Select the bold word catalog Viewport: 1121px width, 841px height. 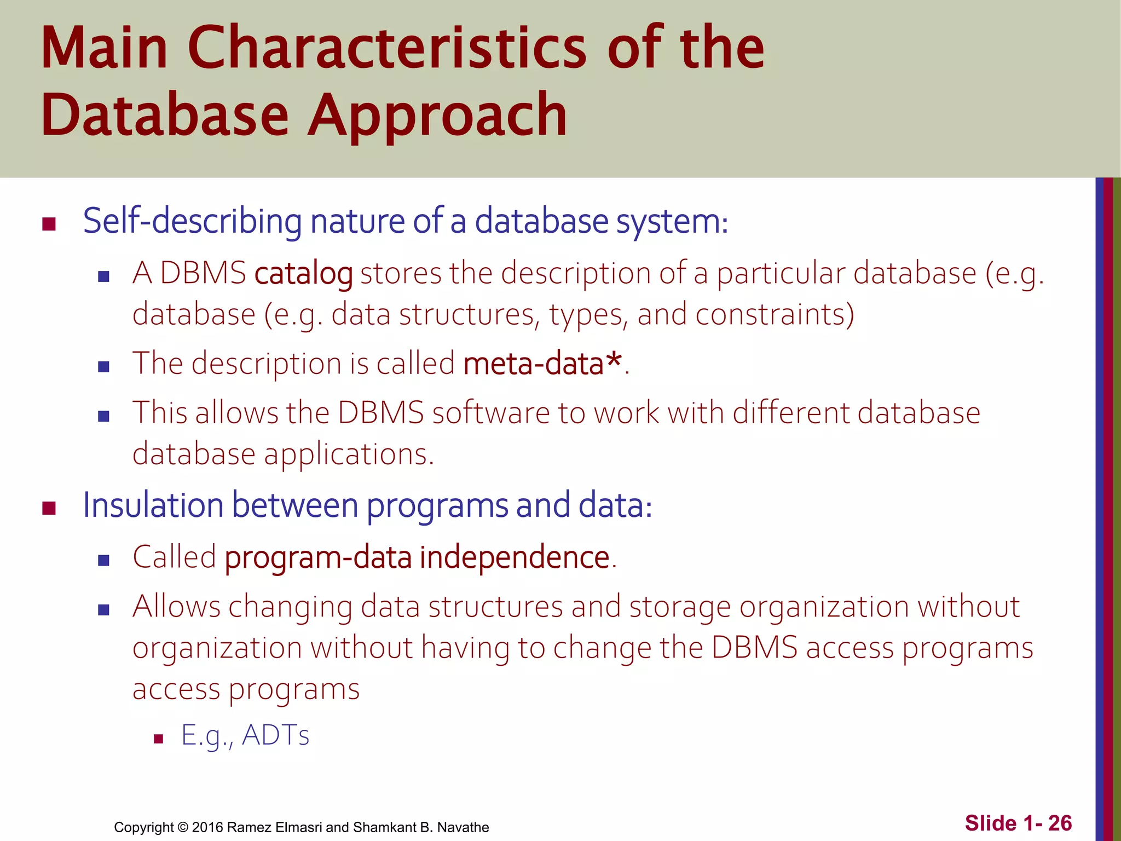coord(304,273)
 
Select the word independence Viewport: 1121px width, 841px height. coord(515,557)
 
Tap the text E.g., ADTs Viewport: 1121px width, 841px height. coord(245,735)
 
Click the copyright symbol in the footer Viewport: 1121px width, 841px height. coord(183,827)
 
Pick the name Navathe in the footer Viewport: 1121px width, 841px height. coord(463,827)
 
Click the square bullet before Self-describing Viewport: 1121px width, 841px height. coord(49,224)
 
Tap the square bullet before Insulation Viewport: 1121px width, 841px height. coord(49,508)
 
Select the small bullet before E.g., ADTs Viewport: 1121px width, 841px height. coord(159,739)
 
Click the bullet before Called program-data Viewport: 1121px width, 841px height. coord(103,560)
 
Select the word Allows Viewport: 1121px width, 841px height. coord(176,607)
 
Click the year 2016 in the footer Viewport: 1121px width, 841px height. coord(207,827)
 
